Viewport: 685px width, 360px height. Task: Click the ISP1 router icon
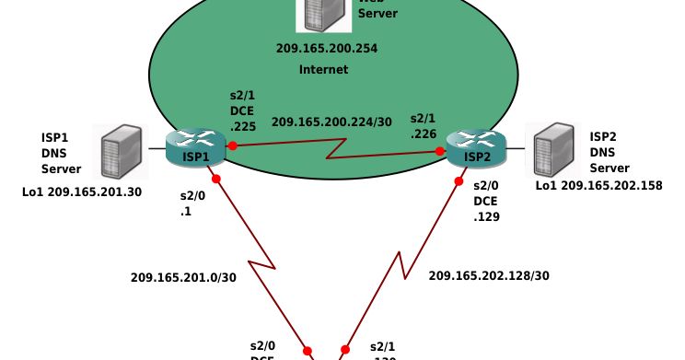click(195, 148)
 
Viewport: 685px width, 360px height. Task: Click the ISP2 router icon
click(476, 148)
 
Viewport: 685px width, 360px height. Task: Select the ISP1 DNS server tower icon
click(122, 153)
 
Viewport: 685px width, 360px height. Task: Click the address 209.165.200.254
click(327, 48)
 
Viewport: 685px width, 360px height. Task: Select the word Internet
click(324, 70)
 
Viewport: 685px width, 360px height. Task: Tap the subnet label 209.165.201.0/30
click(183, 277)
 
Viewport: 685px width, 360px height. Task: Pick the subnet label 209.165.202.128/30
click(489, 275)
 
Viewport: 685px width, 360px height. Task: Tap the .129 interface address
click(486, 216)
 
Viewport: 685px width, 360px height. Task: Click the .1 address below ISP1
click(185, 211)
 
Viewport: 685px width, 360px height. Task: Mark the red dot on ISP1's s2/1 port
click(232, 145)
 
